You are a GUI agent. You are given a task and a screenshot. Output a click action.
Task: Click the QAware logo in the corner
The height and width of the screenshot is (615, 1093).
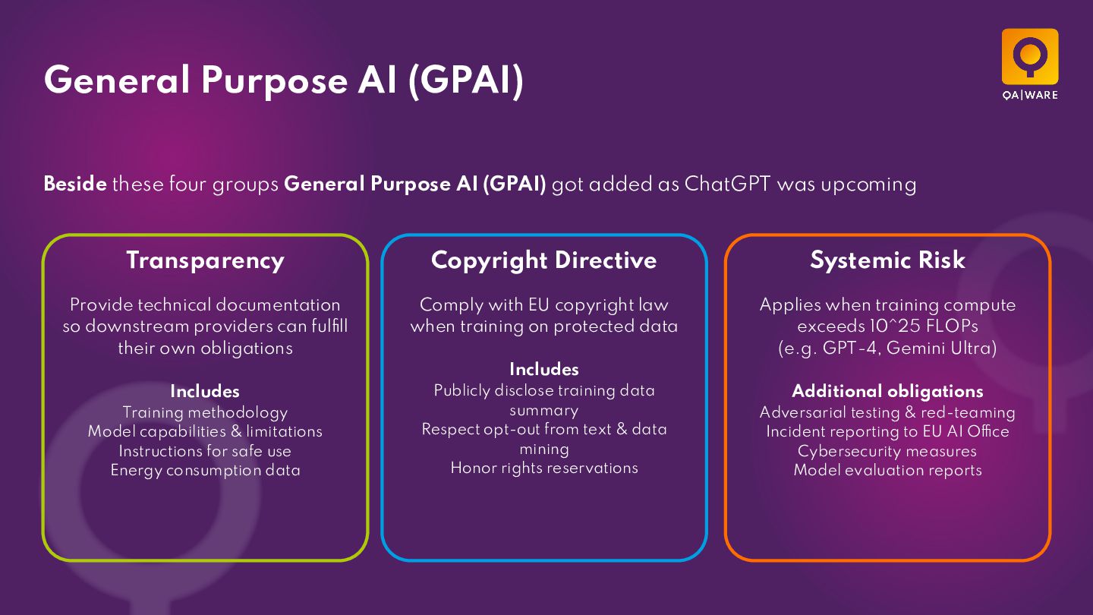[x=1029, y=63]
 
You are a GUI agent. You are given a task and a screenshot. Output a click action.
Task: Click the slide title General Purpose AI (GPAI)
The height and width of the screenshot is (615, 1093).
[x=284, y=80]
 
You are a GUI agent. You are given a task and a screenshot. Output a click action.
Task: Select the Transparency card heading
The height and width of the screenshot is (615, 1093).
[x=205, y=260]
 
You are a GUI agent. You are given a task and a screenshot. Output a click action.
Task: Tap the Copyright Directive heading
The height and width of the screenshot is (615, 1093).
[x=543, y=260]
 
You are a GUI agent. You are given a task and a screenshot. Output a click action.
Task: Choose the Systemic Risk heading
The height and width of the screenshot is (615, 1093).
[x=887, y=260]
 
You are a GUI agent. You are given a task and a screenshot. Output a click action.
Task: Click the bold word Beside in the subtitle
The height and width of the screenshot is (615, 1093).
[x=75, y=184]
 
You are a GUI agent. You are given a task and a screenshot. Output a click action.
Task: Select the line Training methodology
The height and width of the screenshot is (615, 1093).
[x=205, y=412]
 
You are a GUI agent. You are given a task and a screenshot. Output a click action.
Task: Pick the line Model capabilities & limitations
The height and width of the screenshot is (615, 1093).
[x=205, y=431]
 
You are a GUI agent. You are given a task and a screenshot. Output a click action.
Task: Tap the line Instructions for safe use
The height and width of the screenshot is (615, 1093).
[x=205, y=451]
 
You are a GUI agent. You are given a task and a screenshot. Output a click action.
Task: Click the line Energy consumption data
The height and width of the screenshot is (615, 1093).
[x=205, y=470]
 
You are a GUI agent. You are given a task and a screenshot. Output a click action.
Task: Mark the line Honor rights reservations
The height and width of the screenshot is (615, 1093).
[x=544, y=468]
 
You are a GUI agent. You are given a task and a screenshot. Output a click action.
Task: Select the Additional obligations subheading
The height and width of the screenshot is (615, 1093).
[x=887, y=391]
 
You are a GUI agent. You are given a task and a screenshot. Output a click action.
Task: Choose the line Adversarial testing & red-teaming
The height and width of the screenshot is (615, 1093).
[x=887, y=412]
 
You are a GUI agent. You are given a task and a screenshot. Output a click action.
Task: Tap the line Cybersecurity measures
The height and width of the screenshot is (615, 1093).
[x=887, y=451]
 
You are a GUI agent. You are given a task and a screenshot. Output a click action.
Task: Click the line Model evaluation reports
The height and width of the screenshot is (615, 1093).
[x=887, y=470]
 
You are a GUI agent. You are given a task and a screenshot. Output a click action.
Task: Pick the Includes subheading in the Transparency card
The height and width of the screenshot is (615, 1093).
[x=205, y=391]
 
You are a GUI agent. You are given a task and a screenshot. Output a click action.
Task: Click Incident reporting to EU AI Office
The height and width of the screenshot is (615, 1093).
[x=887, y=431]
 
